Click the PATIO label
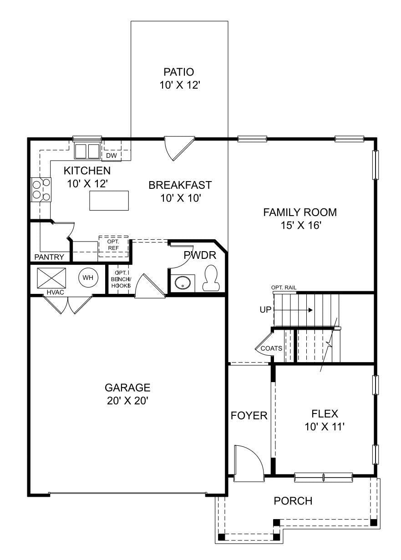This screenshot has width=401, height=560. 178,72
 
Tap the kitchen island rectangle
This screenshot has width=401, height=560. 109,201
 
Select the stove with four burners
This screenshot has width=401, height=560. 41,189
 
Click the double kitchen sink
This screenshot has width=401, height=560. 86,151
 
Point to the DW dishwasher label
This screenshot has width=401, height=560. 112,156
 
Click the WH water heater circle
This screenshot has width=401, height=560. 88,277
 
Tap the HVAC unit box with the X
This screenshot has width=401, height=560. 51,278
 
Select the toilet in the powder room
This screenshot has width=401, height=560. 211,278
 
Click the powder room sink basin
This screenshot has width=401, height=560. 183,283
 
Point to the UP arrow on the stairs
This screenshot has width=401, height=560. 294,310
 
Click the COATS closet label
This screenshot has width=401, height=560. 271,348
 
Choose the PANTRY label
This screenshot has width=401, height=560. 49,257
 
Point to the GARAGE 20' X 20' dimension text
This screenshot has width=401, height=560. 127,401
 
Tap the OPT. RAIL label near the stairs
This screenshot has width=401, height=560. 284,288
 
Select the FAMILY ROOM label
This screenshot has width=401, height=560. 300,212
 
